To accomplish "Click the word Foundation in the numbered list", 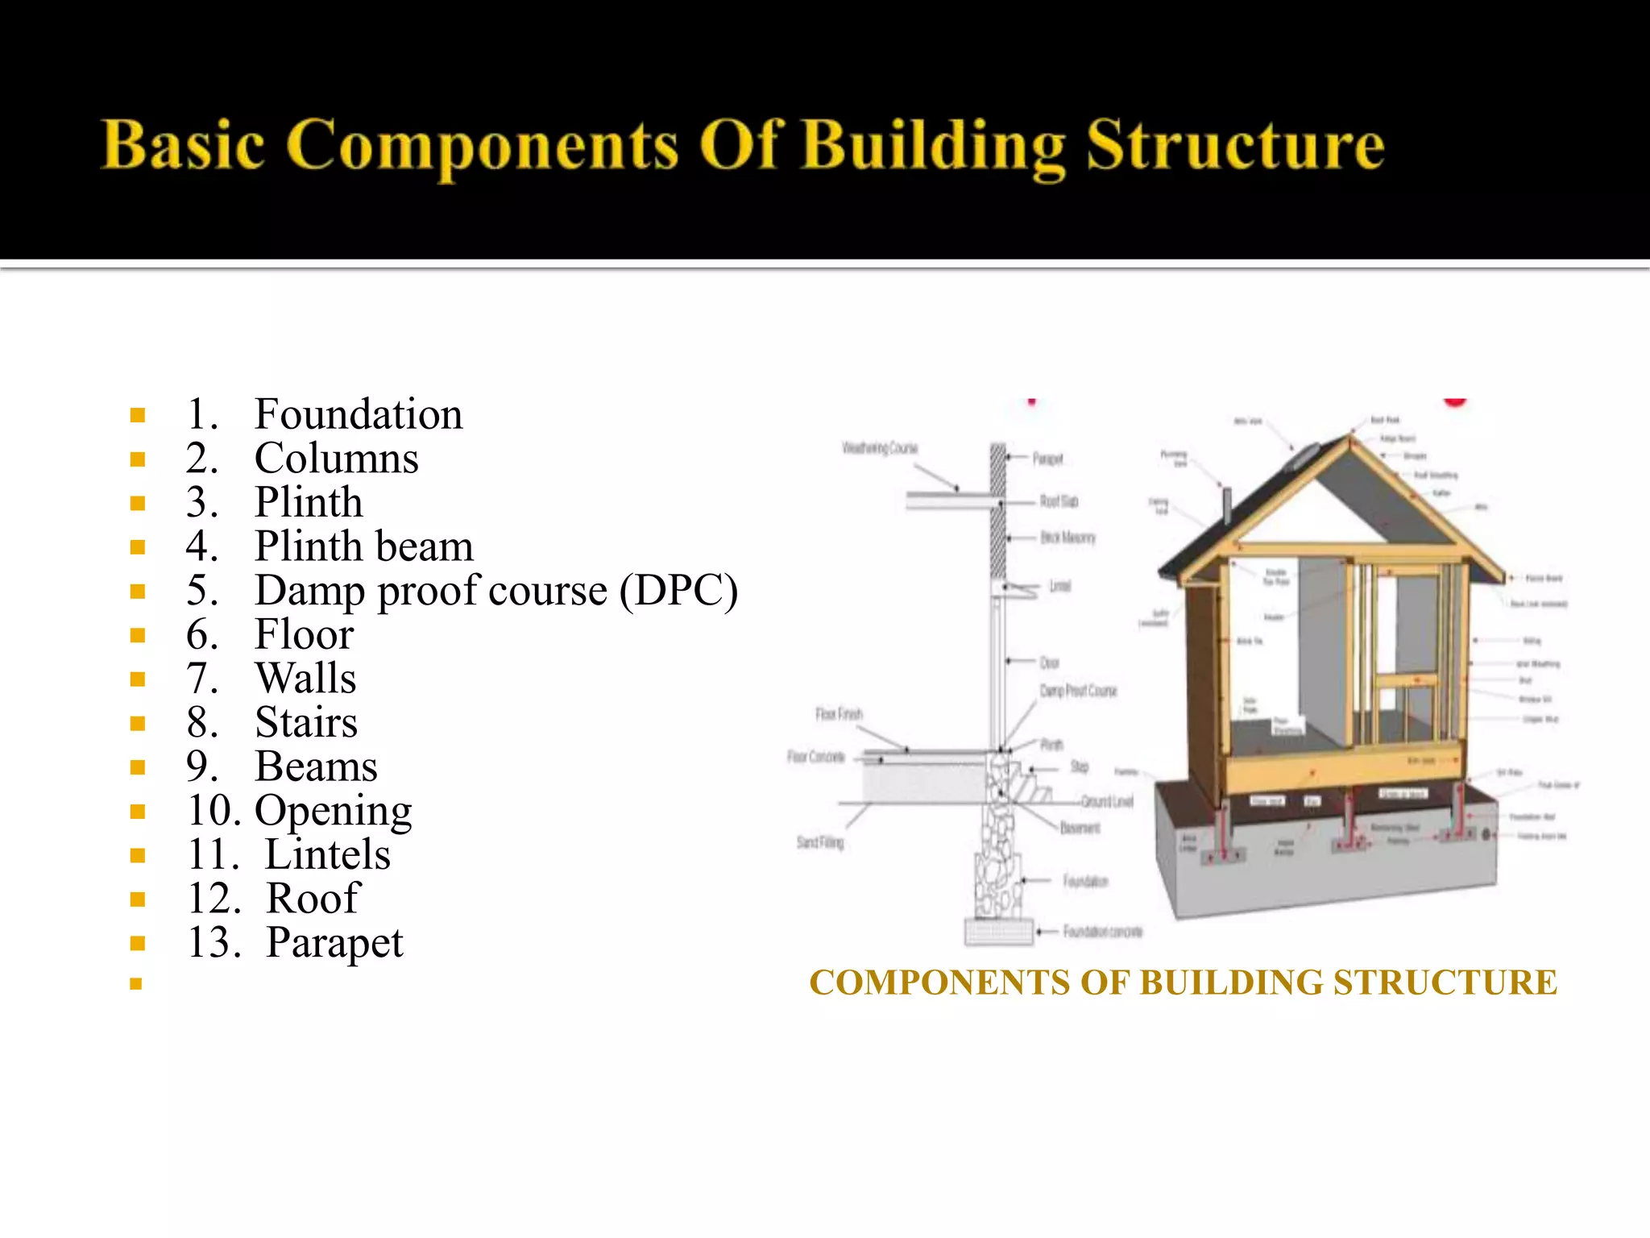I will click(358, 414).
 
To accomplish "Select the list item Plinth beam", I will click(363, 546).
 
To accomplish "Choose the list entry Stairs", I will click(305, 722).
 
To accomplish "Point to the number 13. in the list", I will click(214, 942).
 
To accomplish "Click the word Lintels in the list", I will click(327, 854).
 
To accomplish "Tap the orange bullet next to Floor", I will click(138, 635).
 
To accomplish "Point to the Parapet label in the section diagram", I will click(1048, 459).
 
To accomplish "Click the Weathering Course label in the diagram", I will click(880, 448).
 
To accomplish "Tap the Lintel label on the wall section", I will click(1060, 586).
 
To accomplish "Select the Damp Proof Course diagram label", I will click(1078, 691).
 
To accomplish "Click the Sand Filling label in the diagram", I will click(820, 842).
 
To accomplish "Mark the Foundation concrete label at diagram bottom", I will click(1102, 932).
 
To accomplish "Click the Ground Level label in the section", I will click(1107, 801).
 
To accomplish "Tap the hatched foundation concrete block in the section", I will click(999, 933).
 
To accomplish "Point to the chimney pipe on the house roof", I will click(1227, 505).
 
